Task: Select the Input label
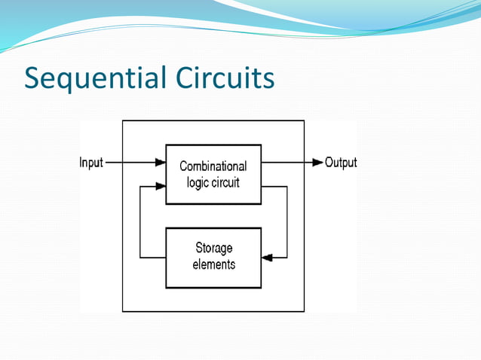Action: [90, 163]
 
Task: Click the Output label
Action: [341, 163]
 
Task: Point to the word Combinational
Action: [213, 166]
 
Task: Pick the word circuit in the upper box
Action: [226, 182]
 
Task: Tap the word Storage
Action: [214, 248]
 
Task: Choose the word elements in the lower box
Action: [214, 264]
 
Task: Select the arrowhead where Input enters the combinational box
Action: [160, 163]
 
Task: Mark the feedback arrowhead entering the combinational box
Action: [160, 185]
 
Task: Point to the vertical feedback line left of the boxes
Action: [140, 221]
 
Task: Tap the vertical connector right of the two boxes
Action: [286, 221]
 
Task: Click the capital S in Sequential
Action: [33, 78]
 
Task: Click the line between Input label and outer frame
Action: [113, 163]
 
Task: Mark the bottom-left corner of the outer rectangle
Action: [122, 311]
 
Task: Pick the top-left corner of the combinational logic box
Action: [166, 145]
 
